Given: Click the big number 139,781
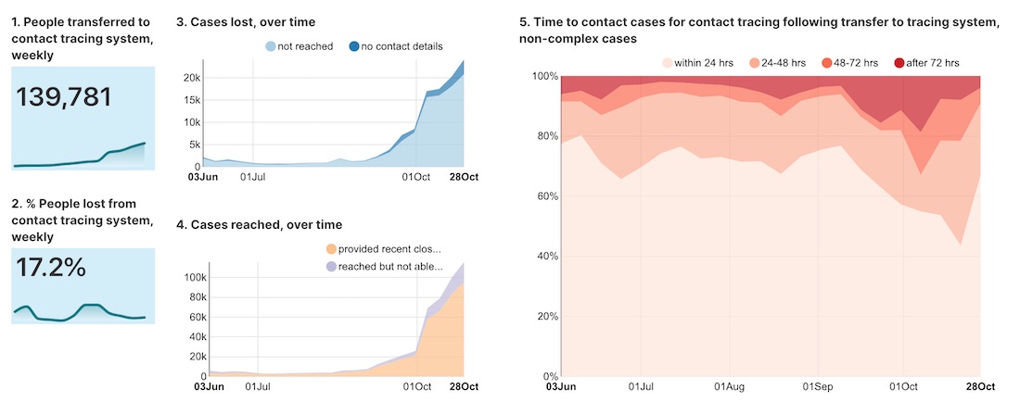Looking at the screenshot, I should pyautogui.click(x=64, y=97).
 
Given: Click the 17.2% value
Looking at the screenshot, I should pyautogui.click(x=51, y=268).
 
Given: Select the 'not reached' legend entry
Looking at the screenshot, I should pyautogui.click(x=299, y=45).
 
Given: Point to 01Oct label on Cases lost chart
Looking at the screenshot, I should pyautogui.click(x=415, y=176).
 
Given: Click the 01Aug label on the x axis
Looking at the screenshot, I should pyautogui.click(x=729, y=386).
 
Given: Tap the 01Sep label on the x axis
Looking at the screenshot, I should pyautogui.click(x=816, y=386).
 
